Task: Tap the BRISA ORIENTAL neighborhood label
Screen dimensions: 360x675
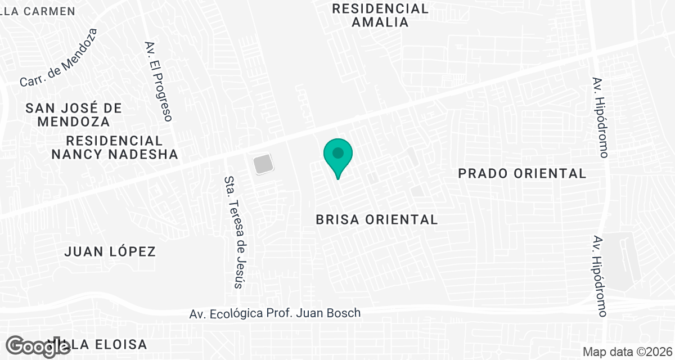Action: (x=377, y=219)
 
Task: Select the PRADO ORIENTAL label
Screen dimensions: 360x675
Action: (x=522, y=173)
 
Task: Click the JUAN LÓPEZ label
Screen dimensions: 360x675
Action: (x=110, y=251)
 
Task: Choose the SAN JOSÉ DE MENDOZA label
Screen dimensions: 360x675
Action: (x=74, y=114)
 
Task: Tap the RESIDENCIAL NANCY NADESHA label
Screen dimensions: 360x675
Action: (x=115, y=147)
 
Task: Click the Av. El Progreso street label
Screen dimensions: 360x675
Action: (x=158, y=81)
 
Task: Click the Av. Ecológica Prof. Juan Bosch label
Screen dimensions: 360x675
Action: (x=275, y=313)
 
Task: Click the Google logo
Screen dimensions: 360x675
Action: (x=38, y=346)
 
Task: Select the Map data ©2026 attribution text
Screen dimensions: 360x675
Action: (x=627, y=352)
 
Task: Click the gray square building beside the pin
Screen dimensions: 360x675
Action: (x=263, y=165)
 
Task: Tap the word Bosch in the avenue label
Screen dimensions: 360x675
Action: (x=346, y=313)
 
